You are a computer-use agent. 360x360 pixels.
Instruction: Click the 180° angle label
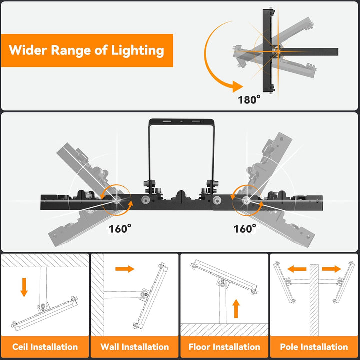point(249,99)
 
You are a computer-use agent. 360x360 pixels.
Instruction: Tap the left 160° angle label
point(120,228)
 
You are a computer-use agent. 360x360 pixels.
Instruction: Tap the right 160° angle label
point(245,228)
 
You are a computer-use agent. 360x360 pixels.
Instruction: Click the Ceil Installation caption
point(45,346)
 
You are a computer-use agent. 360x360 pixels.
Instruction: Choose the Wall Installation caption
point(134,346)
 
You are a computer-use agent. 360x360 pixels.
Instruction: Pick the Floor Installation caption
point(224,346)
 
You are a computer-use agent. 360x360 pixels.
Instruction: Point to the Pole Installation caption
point(314,346)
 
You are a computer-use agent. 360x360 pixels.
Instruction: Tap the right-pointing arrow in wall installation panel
point(125,269)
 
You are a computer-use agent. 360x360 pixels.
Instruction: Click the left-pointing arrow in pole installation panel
point(297,269)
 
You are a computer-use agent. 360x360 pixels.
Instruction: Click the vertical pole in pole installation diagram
point(314,300)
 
